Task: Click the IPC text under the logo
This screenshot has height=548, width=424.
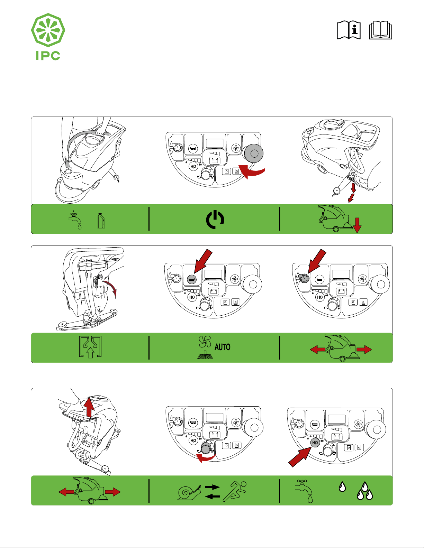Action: coord(48,56)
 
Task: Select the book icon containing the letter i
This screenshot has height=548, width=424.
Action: coord(349,30)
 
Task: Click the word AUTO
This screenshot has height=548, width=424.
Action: coord(222,347)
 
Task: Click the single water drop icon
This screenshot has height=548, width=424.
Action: coord(342,487)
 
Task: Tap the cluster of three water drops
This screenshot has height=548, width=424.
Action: coord(365,491)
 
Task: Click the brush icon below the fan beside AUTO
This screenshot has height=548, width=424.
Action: coord(205,355)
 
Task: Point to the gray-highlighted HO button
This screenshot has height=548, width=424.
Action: coord(315,443)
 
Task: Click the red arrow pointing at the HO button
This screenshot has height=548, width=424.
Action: coord(298,458)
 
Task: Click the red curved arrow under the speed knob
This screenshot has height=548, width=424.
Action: coord(206,458)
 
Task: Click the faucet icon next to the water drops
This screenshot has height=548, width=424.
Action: coord(304,490)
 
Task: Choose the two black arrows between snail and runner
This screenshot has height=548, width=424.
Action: coord(212,492)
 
